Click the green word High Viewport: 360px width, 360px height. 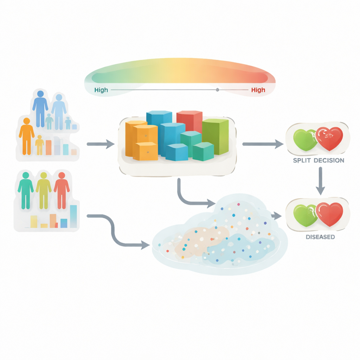pyautogui.click(x=101, y=90)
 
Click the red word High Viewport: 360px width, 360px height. pyautogui.click(x=258, y=90)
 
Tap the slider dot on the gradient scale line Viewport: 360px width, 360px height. pyautogui.click(x=217, y=90)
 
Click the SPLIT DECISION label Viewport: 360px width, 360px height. pyautogui.click(x=319, y=160)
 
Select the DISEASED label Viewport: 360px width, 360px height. pyautogui.click(x=320, y=237)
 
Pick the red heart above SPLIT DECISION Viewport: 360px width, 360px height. pyautogui.click(x=329, y=139)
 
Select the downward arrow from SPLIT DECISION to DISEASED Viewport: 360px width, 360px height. pyautogui.click(x=320, y=181)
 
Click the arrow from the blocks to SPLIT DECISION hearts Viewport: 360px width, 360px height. pyautogui.click(x=263, y=144)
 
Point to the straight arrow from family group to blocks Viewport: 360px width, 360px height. pyautogui.click(x=101, y=144)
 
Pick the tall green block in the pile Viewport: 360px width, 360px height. pyautogui.click(x=216, y=137)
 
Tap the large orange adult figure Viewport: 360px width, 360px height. pyautogui.click(x=27, y=136)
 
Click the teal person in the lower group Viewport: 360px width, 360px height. pyautogui.click(x=26, y=191)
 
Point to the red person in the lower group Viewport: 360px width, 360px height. pyautogui.click(x=62, y=191)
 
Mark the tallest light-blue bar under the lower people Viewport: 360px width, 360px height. pyautogui.click(x=73, y=216)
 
